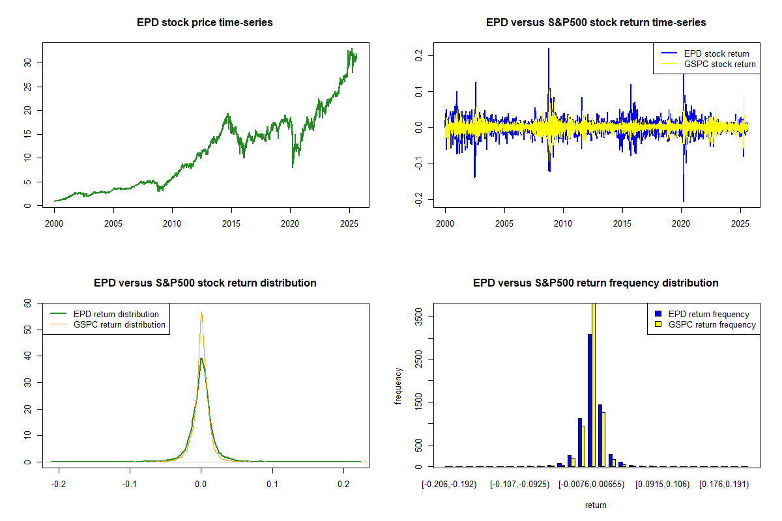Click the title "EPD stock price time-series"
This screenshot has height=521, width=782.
click(205, 22)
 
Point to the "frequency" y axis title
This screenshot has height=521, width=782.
click(398, 386)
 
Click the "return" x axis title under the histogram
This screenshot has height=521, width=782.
click(596, 505)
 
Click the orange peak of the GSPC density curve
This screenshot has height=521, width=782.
click(201, 313)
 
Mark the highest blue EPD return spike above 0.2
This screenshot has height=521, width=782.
click(549, 49)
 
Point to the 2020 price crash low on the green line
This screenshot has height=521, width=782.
click(292, 167)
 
